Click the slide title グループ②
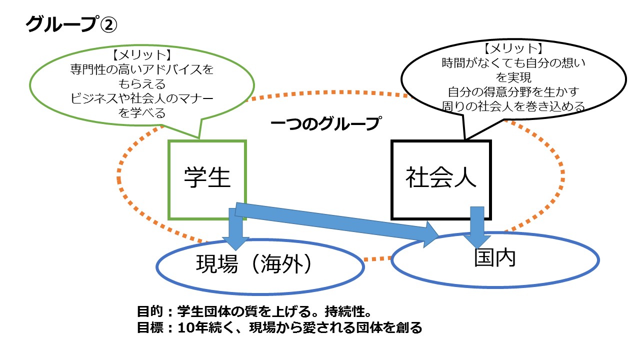click(x=71, y=24)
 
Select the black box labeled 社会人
click(x=441, y=179)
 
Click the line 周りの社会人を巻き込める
click(x=514, y=106)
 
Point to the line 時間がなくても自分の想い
click(x=514, y=63)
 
